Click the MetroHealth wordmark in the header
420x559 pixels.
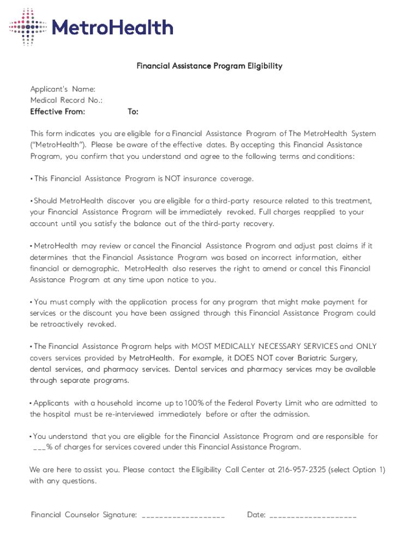click(x=112, y=27)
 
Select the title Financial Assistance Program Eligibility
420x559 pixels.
click(x=209, y=66)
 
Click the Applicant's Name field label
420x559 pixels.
click(x=63, y=89)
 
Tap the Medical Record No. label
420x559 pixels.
click(x=66, y=100)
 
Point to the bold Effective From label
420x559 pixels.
click(x=57, y=112)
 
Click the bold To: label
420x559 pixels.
click(x=133, y=112)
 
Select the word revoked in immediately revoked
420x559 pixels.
click(x=239, y=212)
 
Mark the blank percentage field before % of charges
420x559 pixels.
click(x=39, y=448)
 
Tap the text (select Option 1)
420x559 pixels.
click(x=357, y=470)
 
